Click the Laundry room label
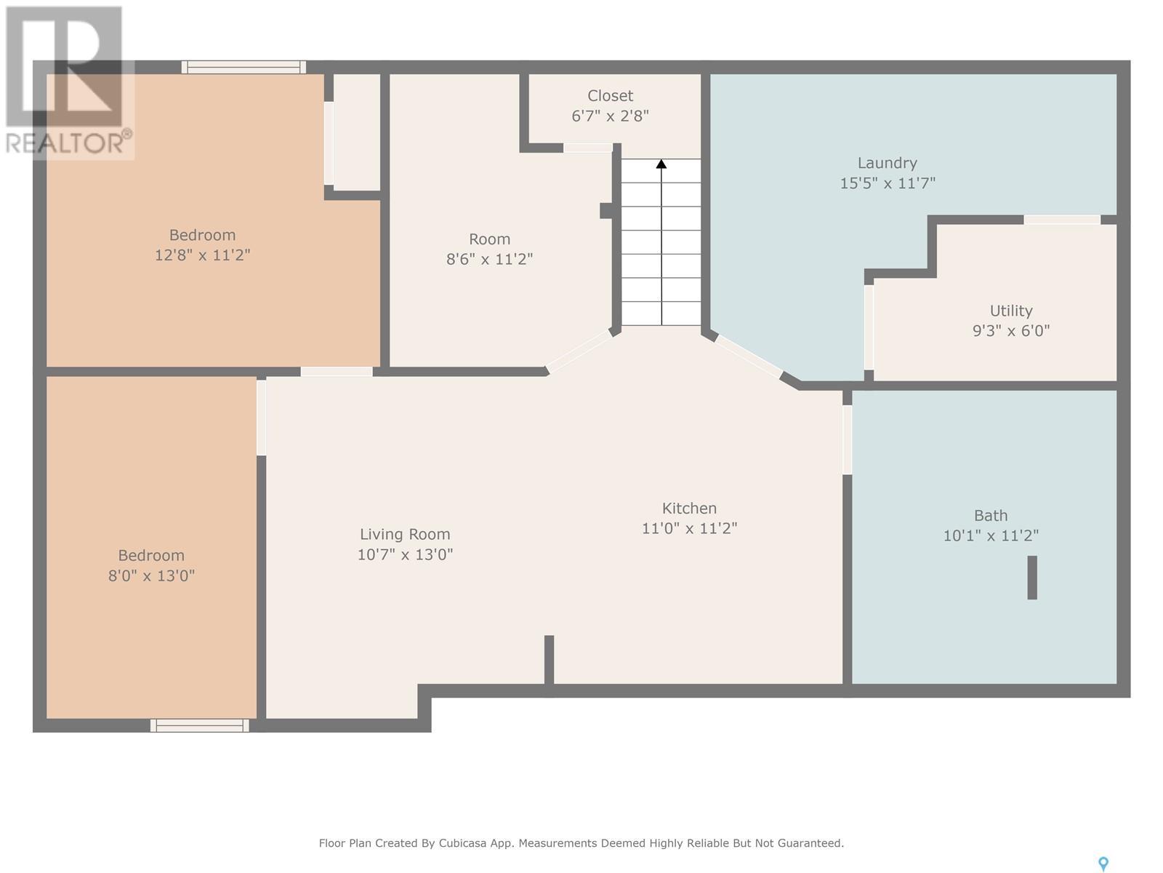click(x=887, y=163)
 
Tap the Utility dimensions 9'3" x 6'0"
click(x=1010, y=331)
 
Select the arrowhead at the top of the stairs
click(x=661, y=164)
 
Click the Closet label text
click(x=610, y=96)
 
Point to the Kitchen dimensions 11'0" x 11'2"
click(x=689, y=528)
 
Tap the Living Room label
click(x=405, y=534)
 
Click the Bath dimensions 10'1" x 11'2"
click(x=990, y=535)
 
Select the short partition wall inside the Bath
click(x=1031, y=577)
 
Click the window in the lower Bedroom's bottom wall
click(x=200, y=725)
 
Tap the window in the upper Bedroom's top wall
click(x=244, y=68)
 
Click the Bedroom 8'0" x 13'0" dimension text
click(x=151, y=575)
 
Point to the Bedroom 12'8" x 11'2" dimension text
click(x=202, y=255)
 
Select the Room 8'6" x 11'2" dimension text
click(x=489, y=259)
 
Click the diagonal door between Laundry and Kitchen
click(x=748, y=356)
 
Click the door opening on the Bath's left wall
click(x=848, y=439)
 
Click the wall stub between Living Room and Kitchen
click(x=549, y=659)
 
